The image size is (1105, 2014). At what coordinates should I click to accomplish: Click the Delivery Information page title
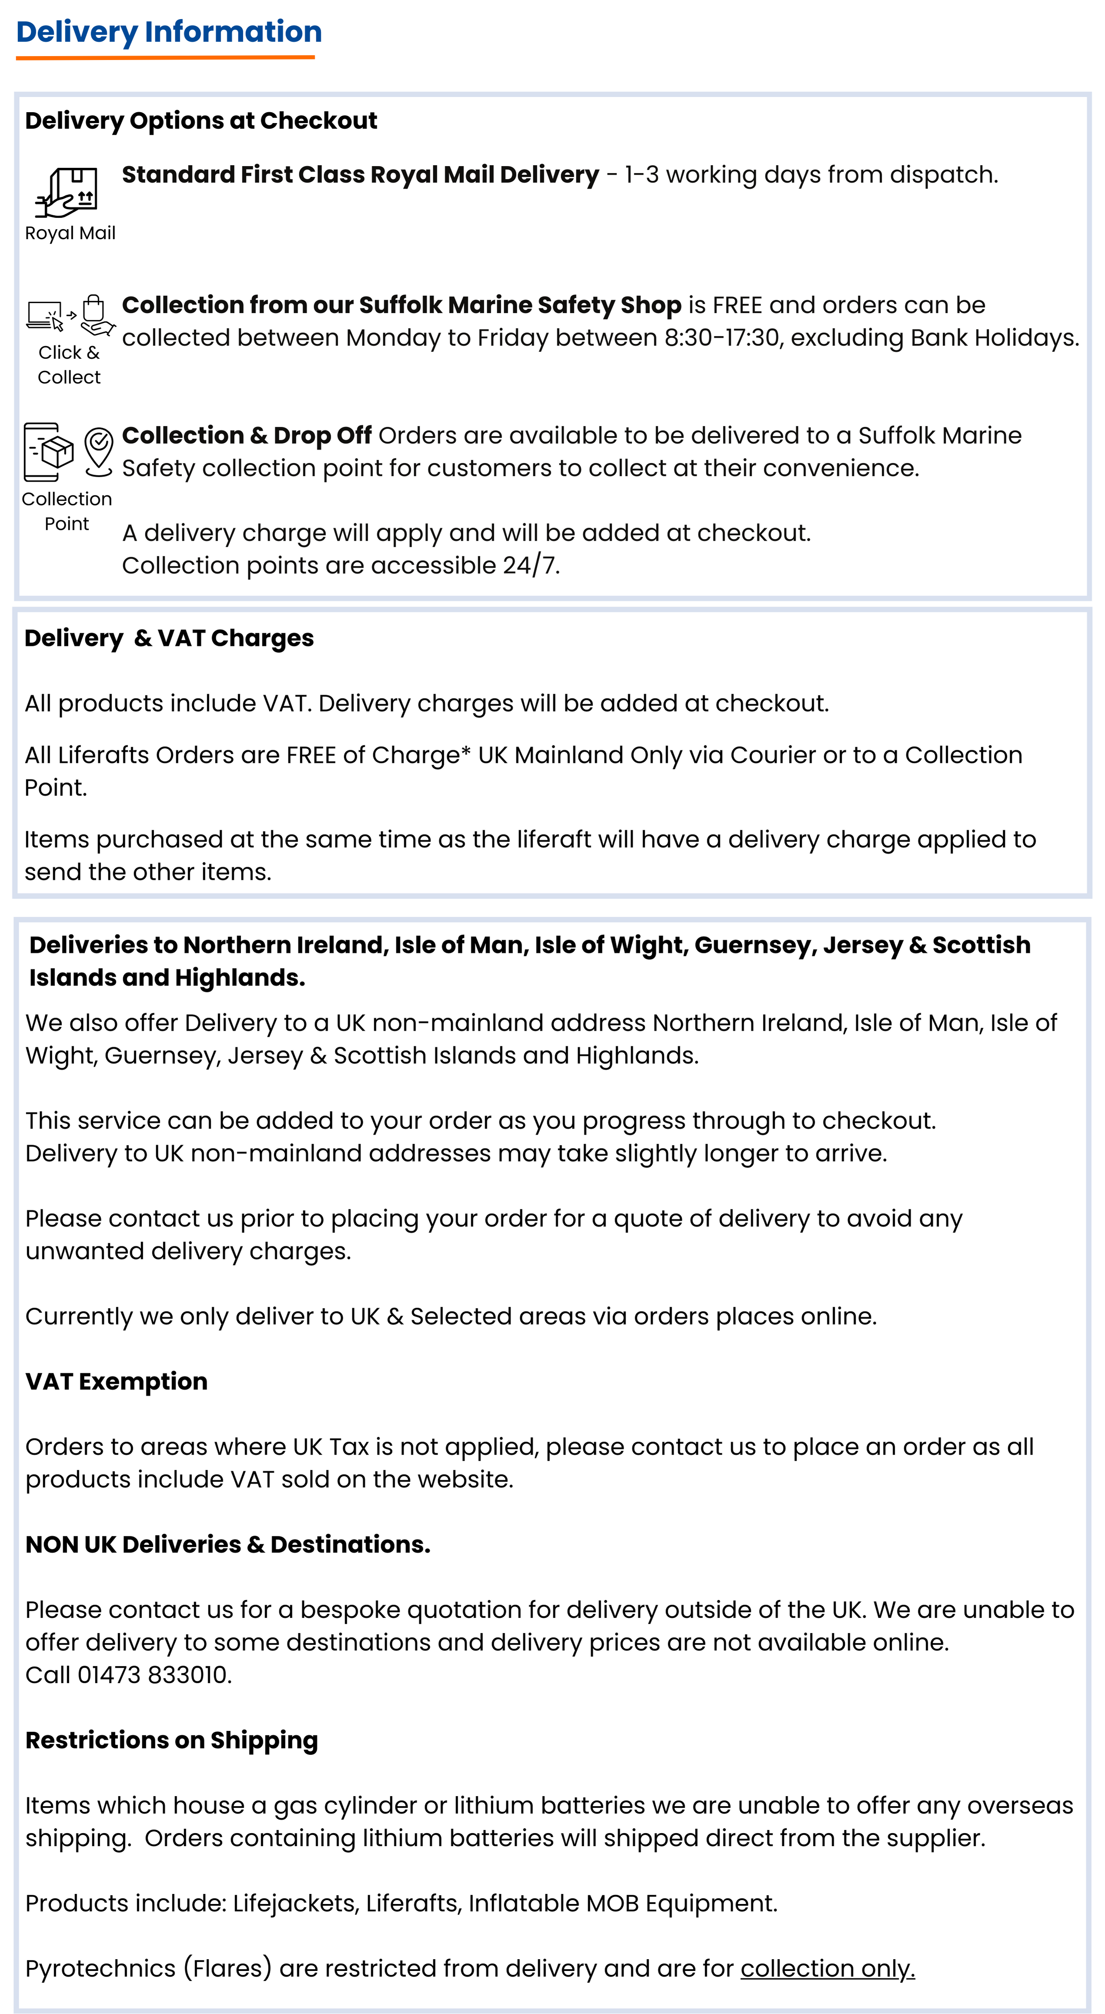click(169, 32)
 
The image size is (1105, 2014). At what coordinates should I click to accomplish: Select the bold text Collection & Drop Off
click(246, 435)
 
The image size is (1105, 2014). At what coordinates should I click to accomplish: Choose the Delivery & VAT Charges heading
click(169, 638)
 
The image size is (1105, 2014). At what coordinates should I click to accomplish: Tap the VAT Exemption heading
click(117, 1382)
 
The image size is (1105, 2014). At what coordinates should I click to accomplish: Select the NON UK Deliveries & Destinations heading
click(228, 1544)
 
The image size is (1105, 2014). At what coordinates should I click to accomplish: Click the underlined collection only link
click(827, 1968)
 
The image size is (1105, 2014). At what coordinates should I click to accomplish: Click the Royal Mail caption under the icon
click(70, 233)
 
